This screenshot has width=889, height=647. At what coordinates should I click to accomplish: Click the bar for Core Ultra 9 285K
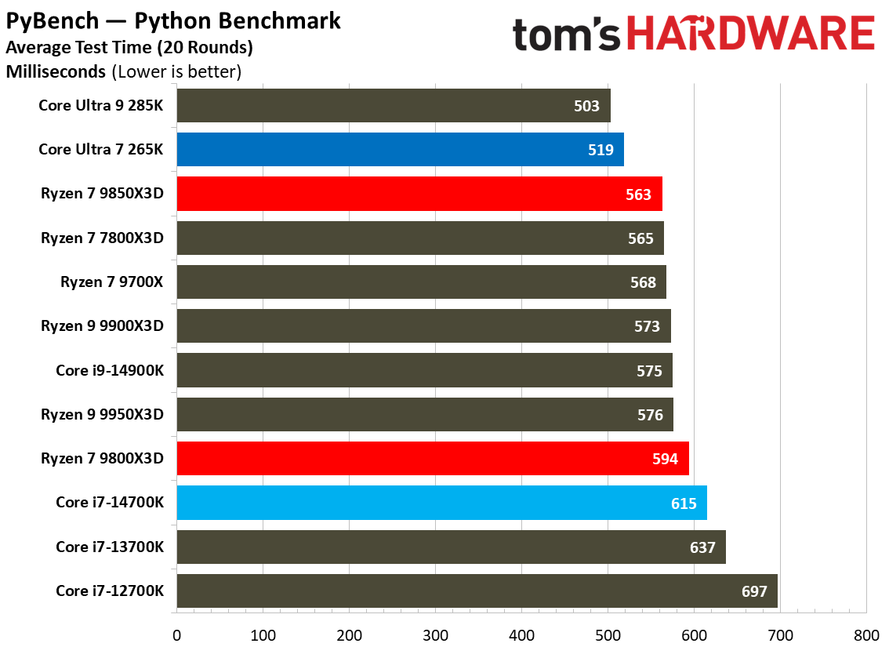[393, 106]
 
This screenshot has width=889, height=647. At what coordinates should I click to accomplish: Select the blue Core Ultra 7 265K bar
[400, 150]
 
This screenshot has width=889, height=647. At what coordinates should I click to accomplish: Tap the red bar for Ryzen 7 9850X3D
[419, 194]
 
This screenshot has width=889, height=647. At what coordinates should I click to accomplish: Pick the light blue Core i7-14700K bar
[441, 503]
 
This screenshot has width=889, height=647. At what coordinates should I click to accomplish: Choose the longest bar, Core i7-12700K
[477, 591]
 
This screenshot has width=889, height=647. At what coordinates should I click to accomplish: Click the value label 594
[665, 459]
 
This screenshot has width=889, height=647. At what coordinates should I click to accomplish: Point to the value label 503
[586, 106]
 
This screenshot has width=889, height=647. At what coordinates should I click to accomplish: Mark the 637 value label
[702, 547]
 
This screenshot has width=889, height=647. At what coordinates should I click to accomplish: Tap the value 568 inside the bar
[643, 282]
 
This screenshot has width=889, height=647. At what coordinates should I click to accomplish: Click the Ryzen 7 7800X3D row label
[102, 238]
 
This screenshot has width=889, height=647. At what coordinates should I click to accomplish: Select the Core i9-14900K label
[110, 371]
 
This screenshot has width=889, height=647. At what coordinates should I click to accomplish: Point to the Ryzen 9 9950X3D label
[102, 415]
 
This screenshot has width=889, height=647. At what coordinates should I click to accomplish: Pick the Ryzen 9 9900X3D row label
[102, 326]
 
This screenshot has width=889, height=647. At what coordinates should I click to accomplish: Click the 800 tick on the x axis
[865, 634]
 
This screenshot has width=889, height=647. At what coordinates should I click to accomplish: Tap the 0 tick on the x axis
[177, 634]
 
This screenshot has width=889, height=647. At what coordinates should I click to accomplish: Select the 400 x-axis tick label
[521, 634]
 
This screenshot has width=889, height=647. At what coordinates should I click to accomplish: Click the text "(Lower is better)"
[176, 72]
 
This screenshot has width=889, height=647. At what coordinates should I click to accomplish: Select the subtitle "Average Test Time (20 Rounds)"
[129, 47]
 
